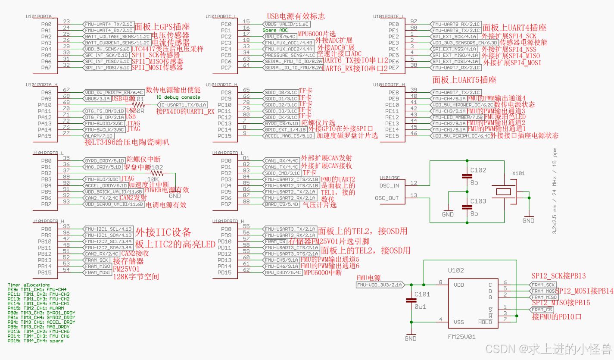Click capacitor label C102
(x=478, y=170)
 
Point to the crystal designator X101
(x=518, y=173)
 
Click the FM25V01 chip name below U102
(x=462, y=336)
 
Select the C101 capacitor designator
(x=422, y=294)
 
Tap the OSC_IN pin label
(x=390, y=186)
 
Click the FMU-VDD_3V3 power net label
(x=380, y=285)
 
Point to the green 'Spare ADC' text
(x=275, y=31)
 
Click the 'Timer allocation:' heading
(x=28, y=285)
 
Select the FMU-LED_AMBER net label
(x=458, y=117)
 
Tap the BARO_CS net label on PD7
(x=281, y=204)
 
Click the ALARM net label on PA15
(x=99, y=136)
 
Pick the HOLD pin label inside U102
(x=485, y=322)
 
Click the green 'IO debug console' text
(x=178, y=97)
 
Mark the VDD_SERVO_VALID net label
(x=114, y=204)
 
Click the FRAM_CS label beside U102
(x=542, y=310)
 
